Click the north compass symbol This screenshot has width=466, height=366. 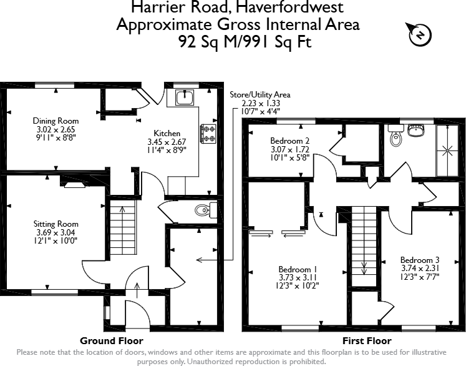click(x=419, y=36)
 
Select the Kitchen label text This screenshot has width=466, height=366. click(x=167, y=133)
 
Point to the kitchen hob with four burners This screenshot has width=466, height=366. click(x=206, y=133)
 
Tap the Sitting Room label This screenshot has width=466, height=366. click(x=56, y=224)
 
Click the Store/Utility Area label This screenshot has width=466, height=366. click(x=260, y=95)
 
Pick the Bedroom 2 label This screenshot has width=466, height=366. click(x=290, y=141)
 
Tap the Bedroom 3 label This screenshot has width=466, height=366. click(x=420, y=260)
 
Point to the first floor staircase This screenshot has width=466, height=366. click(x=363, y=247)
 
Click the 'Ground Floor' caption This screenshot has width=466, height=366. click(x=112, y=341)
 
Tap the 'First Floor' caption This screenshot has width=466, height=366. click(x=367, y=341)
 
